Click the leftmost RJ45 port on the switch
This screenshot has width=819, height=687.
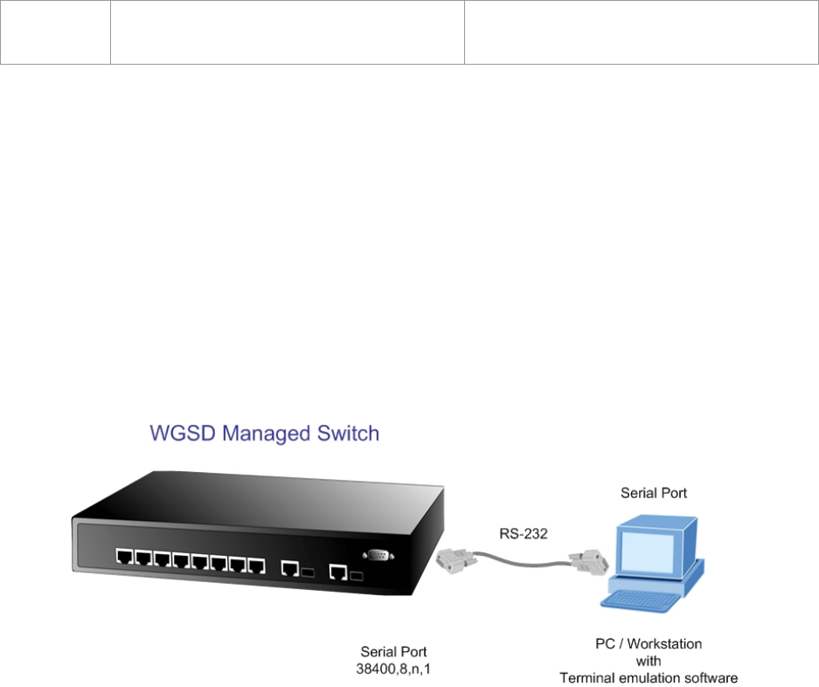[123, 556]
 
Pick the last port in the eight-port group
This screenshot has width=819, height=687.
[256, 565]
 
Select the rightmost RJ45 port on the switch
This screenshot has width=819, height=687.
[337, 572]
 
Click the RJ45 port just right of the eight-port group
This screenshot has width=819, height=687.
[288, 568]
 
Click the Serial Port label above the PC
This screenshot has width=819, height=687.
[654, 493]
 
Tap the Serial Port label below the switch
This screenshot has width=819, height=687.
[394, 651]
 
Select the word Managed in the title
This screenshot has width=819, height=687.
[264, 434]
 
